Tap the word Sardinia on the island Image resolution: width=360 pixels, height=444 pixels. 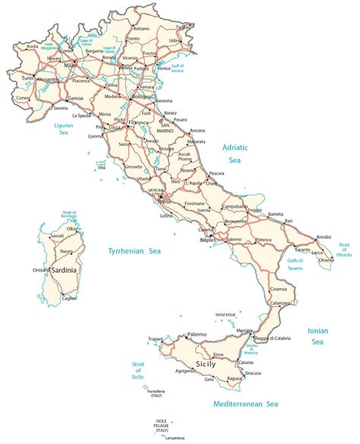coord(68,268)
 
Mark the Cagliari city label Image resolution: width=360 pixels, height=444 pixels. coord(69,298)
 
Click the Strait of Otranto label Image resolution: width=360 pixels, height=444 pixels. coord(345,249)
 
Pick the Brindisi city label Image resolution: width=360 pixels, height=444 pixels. coord(324,236)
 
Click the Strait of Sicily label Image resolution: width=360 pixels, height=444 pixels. coord(137,370)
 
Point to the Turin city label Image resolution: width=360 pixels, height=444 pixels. coord(28,78)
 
